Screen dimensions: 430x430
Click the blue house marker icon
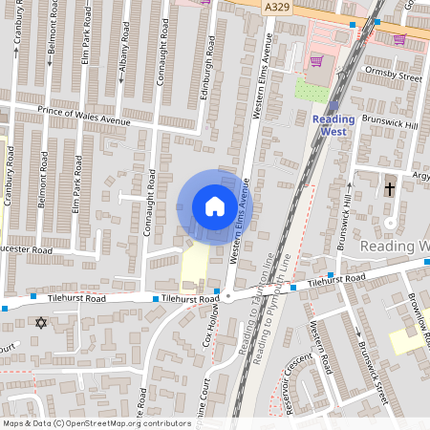(215, 205)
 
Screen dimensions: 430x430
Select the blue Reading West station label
(333, 124)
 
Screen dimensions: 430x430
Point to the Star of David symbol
(40, 323)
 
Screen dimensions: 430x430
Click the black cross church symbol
(389, 189)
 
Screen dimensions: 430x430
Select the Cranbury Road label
(11, 178)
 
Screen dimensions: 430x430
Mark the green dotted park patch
(312, 91)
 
